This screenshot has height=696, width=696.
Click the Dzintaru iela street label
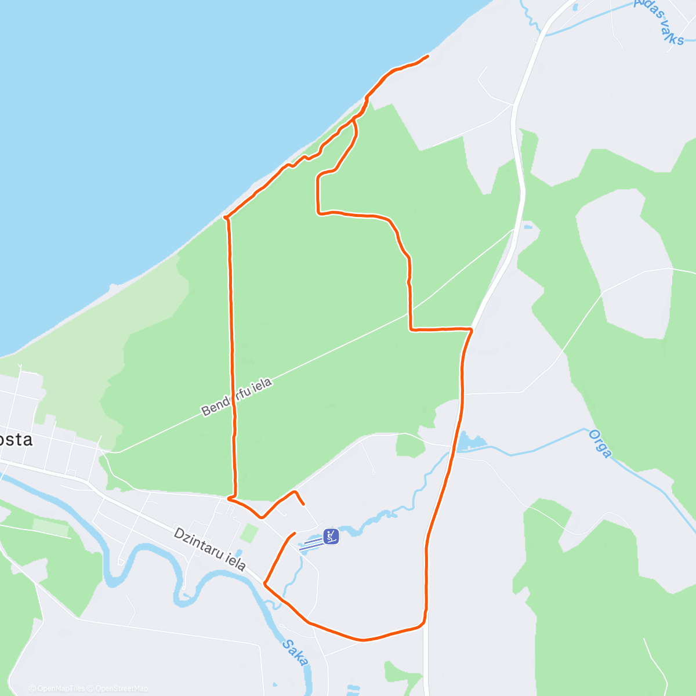coord(210,549)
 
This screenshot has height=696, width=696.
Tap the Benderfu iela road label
coord(236,397)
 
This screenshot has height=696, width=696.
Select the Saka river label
coord(296,652)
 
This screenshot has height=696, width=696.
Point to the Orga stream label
coord(600,444)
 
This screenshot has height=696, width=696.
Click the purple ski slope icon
coord(331,536)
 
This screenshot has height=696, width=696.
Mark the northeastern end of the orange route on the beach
coord(427,56)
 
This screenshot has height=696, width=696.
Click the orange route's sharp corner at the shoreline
coord(226,218)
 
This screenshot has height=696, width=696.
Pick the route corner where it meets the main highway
coord(470,329)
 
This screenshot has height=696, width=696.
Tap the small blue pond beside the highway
coord(472,443)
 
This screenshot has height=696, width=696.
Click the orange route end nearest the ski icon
coord(294,533)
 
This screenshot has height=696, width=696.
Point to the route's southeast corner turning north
coord(425,621)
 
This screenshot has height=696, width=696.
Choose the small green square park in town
coord(249,533)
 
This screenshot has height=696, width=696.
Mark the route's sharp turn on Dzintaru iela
coord(265,583)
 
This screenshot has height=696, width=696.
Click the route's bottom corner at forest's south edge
coord(230,498)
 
